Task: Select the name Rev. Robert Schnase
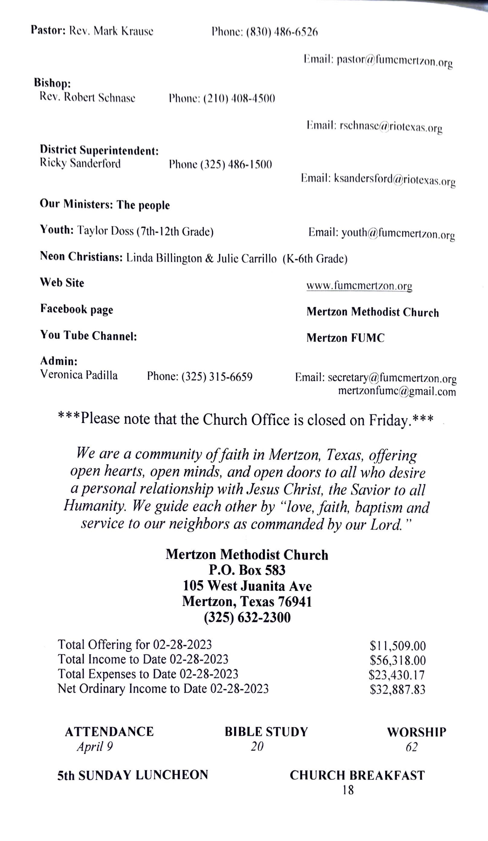pyautogui.click(x=87, y=98)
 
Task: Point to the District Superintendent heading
pyautogui.click(x=99, y=150)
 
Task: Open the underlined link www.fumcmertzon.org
pyautogui.click(x=359, y=286)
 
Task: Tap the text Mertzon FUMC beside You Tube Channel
pyautogui.click(x=345, y=338)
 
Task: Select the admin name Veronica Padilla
pyautogui.click(x=79, y=375)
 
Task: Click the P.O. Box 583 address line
pyautogui.click(x=247, y=570)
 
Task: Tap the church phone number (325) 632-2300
pyautogui.click(x=247, y=617)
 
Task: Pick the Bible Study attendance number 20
pyautogui.click(x=257, y=747)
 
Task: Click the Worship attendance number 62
pyautogui.click(x=411, y=747)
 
